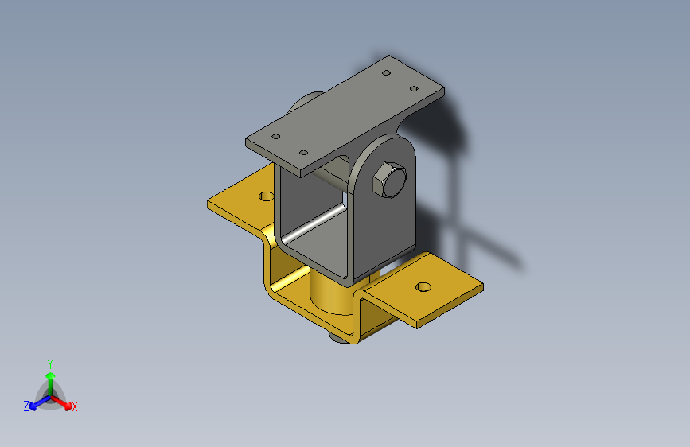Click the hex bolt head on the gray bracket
click(x=389, y=180)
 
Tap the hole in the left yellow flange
click(x=267, y=196)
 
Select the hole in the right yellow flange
click(x=423, y=287)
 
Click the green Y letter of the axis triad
click(x=50, y=364)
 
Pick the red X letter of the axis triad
click(x=75, y=407)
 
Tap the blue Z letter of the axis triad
click(x=26, y=406)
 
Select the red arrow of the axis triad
click(x=60, y=402)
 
